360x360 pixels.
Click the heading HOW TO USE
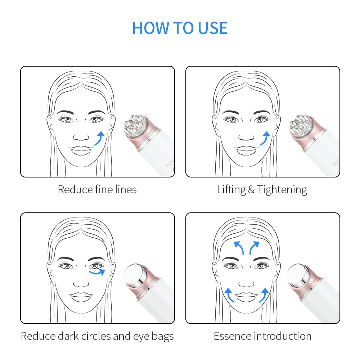point(180,28)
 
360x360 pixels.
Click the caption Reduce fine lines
point(97,189)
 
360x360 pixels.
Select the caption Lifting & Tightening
point(262,189)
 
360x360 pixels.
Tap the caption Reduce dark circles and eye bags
point(97,336)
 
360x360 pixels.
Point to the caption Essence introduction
point(262,336)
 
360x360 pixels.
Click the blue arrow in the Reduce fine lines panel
point(100,138)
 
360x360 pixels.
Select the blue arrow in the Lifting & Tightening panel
point(265,138)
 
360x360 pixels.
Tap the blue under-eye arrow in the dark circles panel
point(98,272)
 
